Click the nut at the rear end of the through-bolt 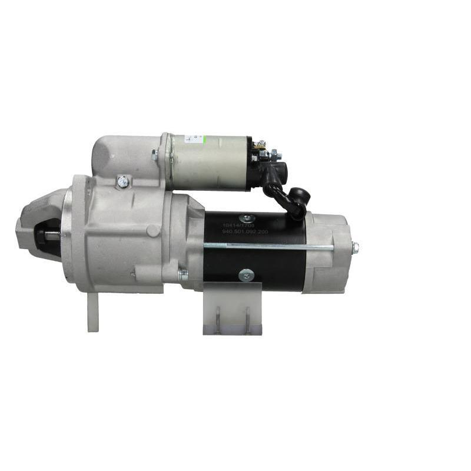[x=355, y=247]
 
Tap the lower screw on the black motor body [x=245, y=274]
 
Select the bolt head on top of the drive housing [x=122, y=182]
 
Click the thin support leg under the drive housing [x=92, y=311]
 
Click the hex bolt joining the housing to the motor [x=183, y=274]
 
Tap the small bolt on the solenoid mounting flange [x=155, y=155]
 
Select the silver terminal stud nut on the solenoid [x=275, y=155]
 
